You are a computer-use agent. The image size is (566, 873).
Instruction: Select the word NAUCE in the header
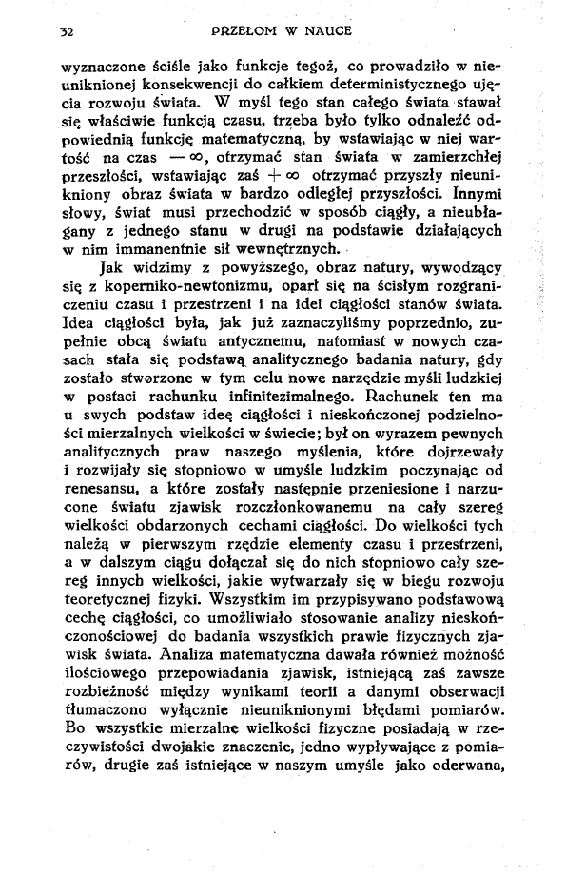[329, 31]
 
